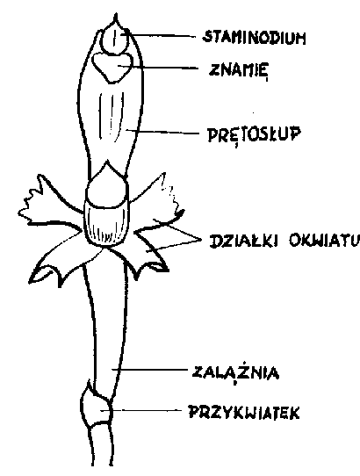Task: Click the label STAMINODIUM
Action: coord(254,38)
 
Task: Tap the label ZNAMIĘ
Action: coord(238,69)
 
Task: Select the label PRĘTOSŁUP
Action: coord(255,134)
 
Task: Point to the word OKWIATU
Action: coord(323,241)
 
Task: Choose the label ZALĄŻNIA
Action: coord(236,372)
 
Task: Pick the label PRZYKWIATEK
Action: coord(244,413)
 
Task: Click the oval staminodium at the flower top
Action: coord(115,40)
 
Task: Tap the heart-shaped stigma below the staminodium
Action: coord(112,67)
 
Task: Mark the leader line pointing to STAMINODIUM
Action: coord(159,34)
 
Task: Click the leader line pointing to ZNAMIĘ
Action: coord(157,67)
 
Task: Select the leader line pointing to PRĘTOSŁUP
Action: coord(162,132)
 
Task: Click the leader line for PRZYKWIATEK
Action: coord(140,410)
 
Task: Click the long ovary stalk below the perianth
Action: coord(105,328)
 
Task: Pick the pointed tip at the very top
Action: coord(115,14)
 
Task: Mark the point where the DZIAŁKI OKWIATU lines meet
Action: coord(201,240)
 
